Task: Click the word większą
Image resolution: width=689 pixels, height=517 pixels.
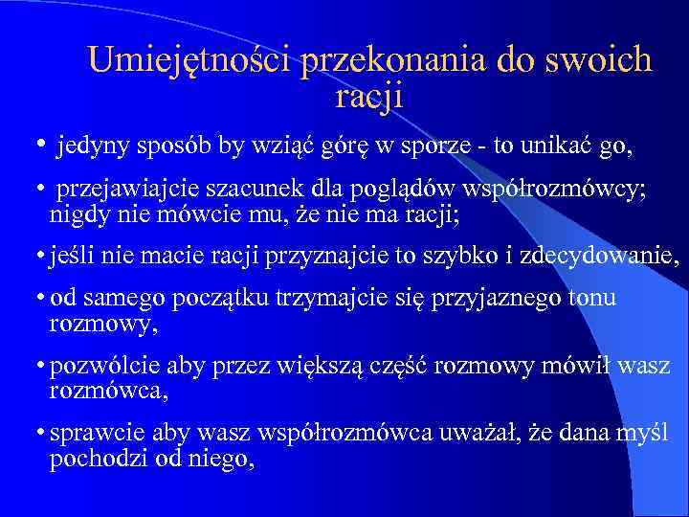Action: (333, 368)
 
